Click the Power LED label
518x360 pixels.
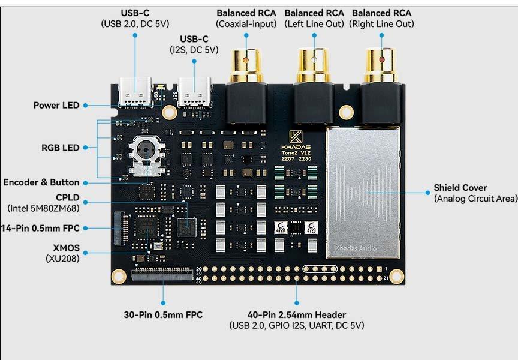tap(56, 105)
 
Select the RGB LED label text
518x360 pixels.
tap(60, 148)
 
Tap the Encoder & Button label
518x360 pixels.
tap(41, 182)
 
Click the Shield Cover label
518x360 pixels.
tap(460, 188)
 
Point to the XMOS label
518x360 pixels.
tap(66, 247)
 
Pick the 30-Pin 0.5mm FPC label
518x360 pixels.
tap(163, 314)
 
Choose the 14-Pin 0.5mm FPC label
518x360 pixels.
tap(40, 228)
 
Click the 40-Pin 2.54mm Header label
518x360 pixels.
tap(296, 314)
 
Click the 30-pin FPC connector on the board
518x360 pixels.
tap(163, 275)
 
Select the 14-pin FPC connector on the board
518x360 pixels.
tap(120, 229)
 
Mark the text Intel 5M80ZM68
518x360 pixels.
tap(43, 208)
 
